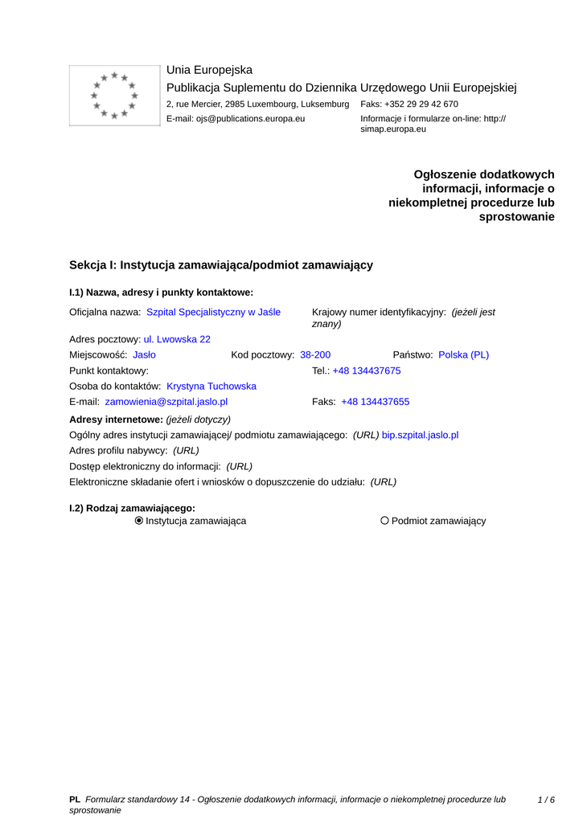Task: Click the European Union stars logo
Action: click(x=114, y=96)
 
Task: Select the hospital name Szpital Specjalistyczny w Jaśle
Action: click(x=213, y=312)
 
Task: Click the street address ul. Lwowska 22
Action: click(x=177, y=339)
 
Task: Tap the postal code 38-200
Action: click(x=315, y=354)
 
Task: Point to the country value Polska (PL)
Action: click(x=463, y=354)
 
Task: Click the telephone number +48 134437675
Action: click(x=367, y=371)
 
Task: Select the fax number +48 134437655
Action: click(x=375, y=402)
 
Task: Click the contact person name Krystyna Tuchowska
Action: click(x=211, y=387)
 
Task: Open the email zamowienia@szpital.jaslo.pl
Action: click(x=166, y=402)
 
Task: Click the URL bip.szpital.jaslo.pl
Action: click(x=420, y=435)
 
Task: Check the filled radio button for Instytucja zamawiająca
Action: click(x=139, y=521)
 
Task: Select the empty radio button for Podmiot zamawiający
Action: click(x=384, y=521)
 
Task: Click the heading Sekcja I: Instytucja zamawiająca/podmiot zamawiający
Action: click(x=221, y=265)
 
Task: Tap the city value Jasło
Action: click(x=144, y=354)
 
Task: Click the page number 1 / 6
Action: click(x=546, y=800)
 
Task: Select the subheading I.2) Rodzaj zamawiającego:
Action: click(x=133, y=508)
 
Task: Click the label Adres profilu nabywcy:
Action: click(x=118, y=451)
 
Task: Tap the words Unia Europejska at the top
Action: click(x=209, y=70)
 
